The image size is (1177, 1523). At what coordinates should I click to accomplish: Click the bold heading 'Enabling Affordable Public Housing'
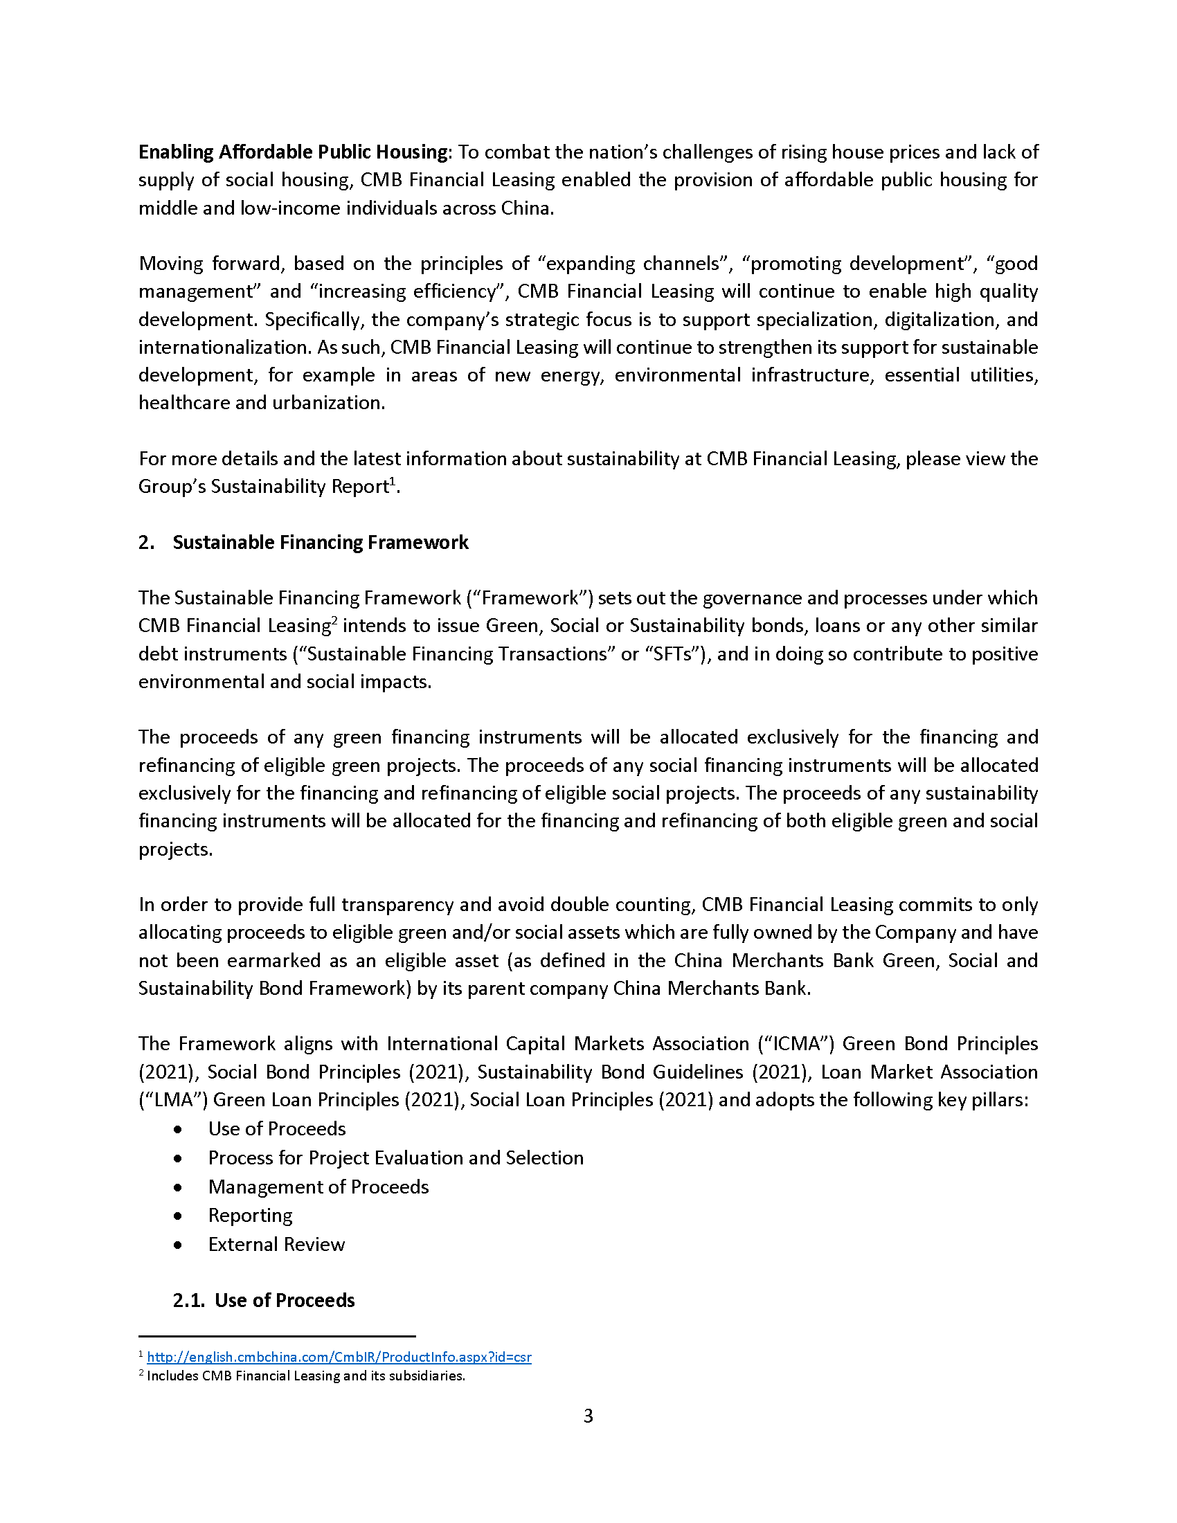click(293, 152)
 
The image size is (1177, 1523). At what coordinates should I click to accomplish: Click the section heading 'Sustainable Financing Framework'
click(320, 543)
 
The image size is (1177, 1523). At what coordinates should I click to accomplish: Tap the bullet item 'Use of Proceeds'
click(277, 1129)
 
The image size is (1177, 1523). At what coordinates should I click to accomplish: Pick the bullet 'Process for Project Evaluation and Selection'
click(395, 1158)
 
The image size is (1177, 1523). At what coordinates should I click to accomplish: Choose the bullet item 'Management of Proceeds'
click(318, 1187)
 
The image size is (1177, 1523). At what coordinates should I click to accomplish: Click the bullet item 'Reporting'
click(250, 1216)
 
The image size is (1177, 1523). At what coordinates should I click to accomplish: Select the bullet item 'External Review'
click(276, 1245)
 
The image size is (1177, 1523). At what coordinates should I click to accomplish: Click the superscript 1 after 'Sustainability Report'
click(393, 481)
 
